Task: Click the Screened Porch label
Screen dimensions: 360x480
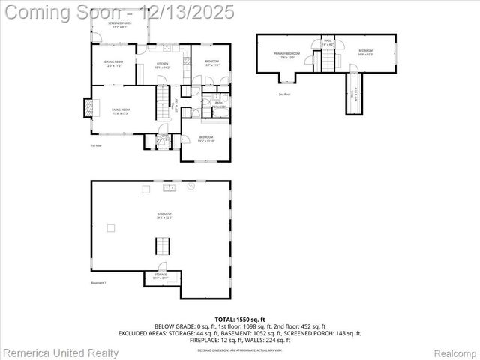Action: tap(120, 25)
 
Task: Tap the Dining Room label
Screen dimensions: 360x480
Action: tap(112, 66)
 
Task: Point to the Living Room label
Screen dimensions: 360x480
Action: tap(121, 112)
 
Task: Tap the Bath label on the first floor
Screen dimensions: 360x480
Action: tap(219, 104)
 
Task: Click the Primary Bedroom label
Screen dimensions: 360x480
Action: tap(287, 55)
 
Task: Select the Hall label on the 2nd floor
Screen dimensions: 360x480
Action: tap(328, 43)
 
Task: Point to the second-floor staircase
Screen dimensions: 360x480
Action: tap(328, 62)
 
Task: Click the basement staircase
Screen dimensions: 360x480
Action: tap(163, 245)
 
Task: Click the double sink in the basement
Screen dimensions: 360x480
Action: tap(169, 187)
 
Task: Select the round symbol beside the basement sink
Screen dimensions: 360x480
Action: tap(191, 185)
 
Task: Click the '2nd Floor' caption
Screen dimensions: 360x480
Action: tap(284, 94)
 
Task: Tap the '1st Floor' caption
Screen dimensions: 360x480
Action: tap(96, 145)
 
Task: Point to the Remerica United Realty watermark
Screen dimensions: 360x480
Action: tap(60, 352)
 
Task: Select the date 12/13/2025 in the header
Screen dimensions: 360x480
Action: tap(192, 12)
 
